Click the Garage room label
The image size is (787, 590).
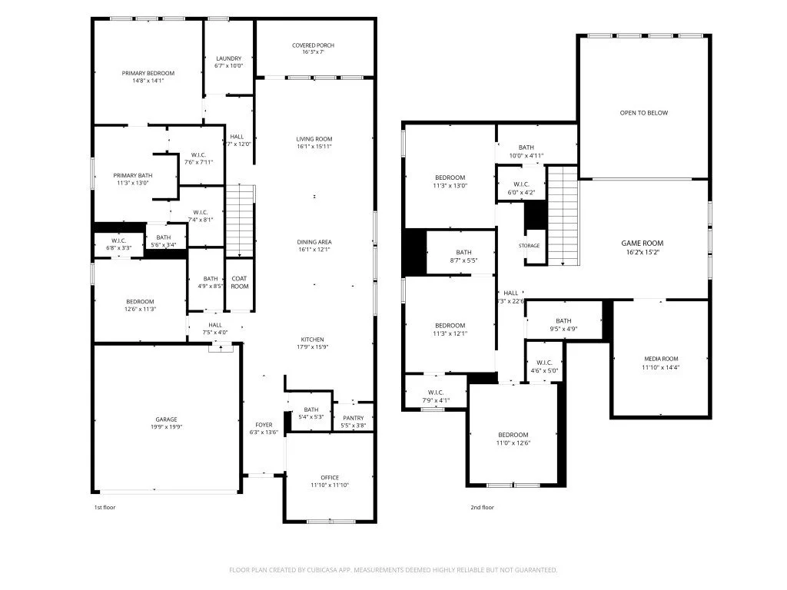point(167,419)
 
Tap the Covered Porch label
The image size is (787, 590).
point(313,45)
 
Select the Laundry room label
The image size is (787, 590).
point(228,58)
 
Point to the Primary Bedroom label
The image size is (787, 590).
point(148,73)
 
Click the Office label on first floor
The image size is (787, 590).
point(330,478)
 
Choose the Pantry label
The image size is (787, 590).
point(354,418)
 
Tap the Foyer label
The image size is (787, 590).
point(264,424)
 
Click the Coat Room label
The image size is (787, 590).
point(240,283)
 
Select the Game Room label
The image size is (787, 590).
point(642,243)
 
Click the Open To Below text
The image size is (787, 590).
point(644,113)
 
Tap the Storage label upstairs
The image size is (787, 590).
point(529,246)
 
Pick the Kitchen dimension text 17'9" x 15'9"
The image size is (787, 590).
point(312,346)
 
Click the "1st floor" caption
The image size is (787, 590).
point(105,507)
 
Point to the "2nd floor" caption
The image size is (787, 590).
point(482,507)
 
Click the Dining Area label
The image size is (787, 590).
point(314,242)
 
